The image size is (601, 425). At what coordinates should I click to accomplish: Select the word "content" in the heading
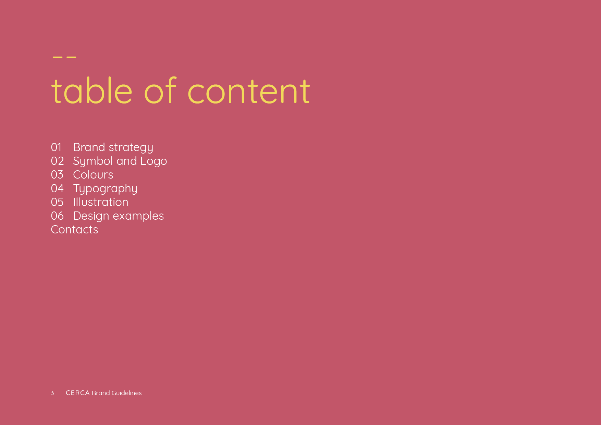tap(249, 91)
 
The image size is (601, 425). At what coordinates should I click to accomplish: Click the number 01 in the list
tap(56, 147)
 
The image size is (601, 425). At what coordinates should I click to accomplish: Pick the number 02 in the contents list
tap(57, 161)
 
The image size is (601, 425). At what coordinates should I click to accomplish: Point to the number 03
tap(57, 175)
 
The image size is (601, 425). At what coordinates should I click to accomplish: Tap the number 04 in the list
tap(57, 189)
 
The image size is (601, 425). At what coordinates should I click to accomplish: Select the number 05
tap(57, 202)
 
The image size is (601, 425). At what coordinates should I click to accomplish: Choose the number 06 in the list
tap(57, 216)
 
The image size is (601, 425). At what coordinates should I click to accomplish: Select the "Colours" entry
tap(93, 175)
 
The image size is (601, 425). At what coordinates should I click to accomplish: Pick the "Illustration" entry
tap(101, 202)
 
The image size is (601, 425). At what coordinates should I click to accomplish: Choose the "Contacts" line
tap(74, 230)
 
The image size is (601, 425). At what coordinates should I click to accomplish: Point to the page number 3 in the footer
tap(52, 393)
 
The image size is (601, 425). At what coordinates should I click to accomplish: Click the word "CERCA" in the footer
tap(78, 393)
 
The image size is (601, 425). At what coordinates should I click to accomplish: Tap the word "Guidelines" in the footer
tap(126, 393)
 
